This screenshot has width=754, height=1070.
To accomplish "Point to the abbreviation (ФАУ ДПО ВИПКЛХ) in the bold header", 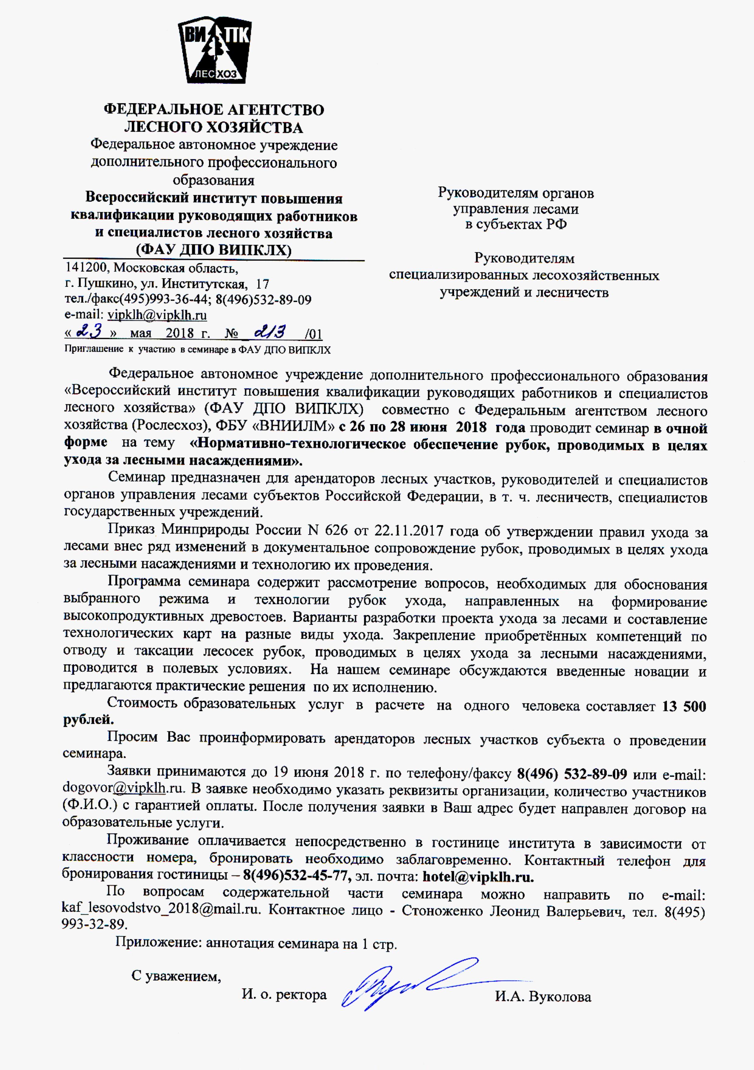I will click(x=213, y=250).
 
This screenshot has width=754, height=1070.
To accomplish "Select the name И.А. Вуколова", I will click(x=543, y=997).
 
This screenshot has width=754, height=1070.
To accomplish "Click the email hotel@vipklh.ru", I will click(x=478, y=877).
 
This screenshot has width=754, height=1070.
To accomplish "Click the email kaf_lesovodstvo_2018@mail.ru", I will click(x=161, y=910).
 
